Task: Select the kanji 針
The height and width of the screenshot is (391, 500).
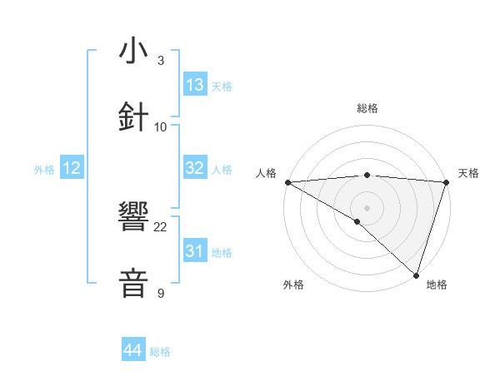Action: click(134, 116)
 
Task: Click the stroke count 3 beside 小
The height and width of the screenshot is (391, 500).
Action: click(161, 61)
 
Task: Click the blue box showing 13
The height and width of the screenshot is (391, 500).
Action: click(195, 85)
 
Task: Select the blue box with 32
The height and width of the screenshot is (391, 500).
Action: click(195, 168)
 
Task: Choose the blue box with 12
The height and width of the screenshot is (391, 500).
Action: click(71, 168)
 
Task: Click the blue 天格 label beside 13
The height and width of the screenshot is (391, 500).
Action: click(222, 87)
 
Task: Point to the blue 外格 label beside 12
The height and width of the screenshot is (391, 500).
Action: click(44, 170)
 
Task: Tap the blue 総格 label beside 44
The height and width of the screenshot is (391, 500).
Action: click(160, 352)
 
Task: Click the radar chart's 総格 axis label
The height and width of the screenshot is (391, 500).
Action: click(367, 108)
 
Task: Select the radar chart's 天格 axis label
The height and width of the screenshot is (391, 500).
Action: click(469, 173)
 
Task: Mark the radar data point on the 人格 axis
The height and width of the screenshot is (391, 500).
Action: click(287, 182)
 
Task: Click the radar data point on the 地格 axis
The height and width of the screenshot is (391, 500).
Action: click(416, 275)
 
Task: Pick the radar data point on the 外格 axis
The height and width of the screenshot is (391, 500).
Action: click(357, 221)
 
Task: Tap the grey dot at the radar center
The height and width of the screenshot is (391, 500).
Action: click(367, 207)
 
